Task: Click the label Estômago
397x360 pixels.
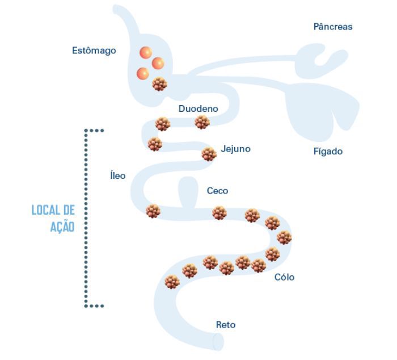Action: click(94, 51)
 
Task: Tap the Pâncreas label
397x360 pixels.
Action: click(333, 27)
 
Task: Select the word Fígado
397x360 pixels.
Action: click(328, 152)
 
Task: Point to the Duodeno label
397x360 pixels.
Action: click(198, 108)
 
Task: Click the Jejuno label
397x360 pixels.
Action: click(235, 149)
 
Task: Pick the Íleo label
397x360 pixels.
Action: click(117, 175)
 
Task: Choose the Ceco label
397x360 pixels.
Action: click(217, 191)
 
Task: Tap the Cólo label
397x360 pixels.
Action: click(284, 278)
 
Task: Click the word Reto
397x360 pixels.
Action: click(225, 325)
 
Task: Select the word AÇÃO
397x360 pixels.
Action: click(62, 226)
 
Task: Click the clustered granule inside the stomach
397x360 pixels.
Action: click(160, 85)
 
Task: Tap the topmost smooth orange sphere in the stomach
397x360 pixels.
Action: click(146, 53)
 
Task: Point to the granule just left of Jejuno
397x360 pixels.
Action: click(209, 153)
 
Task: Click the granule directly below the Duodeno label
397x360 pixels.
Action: click(201, 122)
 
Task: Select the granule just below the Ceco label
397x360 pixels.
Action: click(219, 213)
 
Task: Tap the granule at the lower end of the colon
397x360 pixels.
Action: click(171, 281)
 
